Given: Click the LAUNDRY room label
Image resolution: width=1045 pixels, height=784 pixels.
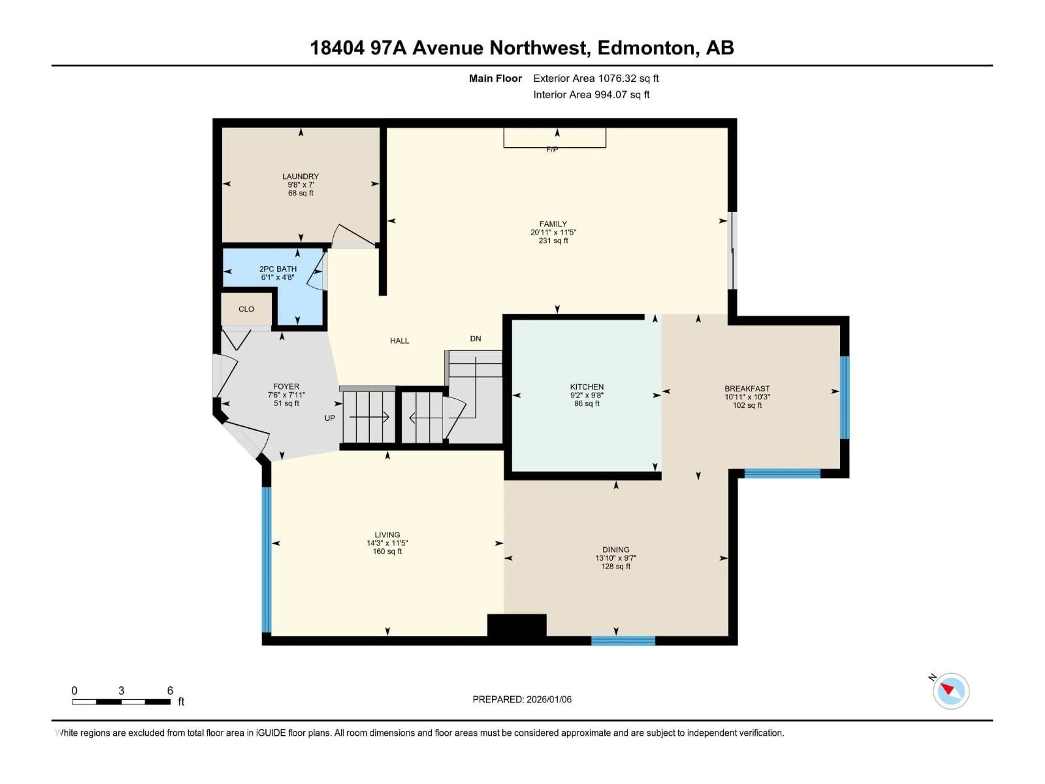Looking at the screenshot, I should (x=300, y=176).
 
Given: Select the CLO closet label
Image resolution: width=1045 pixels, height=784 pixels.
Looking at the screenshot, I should (x=246, y=309).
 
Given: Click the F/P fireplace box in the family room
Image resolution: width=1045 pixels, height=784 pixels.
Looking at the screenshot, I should (x=555, y=139).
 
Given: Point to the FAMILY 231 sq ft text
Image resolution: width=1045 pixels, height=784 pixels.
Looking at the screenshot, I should (x=553, y=241).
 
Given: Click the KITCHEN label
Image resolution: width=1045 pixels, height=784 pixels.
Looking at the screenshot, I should (x=587, y=387).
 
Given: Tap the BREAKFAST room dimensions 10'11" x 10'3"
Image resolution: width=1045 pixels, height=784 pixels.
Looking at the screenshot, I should (x=747, y=397).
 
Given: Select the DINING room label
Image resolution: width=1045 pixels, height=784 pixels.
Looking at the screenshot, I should (x=616, y=550).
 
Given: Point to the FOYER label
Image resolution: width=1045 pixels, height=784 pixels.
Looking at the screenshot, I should (x=286, y=387).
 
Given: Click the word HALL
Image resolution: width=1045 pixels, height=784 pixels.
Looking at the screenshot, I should (x=399, y=341).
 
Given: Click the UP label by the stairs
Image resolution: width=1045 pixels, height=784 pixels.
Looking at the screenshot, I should (x=330, y=418).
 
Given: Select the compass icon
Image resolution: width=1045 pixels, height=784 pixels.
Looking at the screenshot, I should (x=951, y=691).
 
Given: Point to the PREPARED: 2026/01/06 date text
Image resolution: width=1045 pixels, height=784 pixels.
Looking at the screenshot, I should (x=522, y=699).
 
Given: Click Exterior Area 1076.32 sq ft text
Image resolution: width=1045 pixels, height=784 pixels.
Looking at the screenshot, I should (x=596, y=78).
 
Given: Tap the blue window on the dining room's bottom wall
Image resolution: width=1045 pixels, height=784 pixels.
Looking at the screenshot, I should (x=623, y=641).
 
